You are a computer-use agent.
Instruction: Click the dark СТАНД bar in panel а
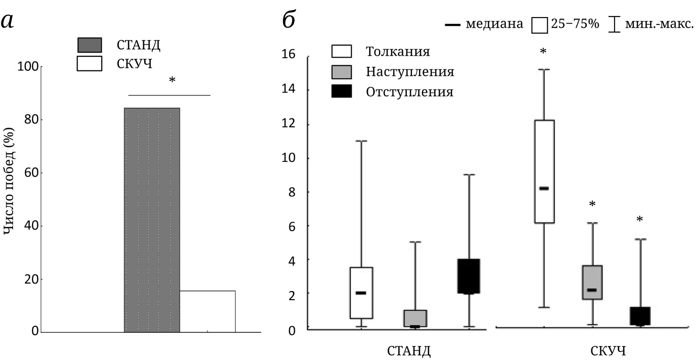(x=152, y=220)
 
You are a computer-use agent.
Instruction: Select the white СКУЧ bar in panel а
(x=207, y=311)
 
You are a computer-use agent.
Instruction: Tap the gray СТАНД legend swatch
(x=89, y=46)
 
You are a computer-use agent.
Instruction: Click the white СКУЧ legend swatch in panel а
(x=89, y=64)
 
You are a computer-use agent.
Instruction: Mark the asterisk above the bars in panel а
(x=172, y=81)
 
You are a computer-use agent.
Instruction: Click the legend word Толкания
(x=398, y=51)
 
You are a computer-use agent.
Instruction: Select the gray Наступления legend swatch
(x=342, y=71)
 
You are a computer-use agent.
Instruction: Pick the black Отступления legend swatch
(x=342, y=92)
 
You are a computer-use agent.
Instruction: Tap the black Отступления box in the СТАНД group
(x=469, y=276)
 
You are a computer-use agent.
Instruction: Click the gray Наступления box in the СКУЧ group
(x=592, y=282)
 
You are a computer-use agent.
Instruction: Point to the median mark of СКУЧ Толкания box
(x=544, y=189)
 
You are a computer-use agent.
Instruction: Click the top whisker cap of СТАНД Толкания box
(x=361, y=141)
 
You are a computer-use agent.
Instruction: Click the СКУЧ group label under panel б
(x=608, y=351)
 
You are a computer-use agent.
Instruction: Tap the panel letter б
(x=289, y=20)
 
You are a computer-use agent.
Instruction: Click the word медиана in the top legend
(x=495, y=24)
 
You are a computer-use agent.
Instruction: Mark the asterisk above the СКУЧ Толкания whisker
(x=543, y=51)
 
